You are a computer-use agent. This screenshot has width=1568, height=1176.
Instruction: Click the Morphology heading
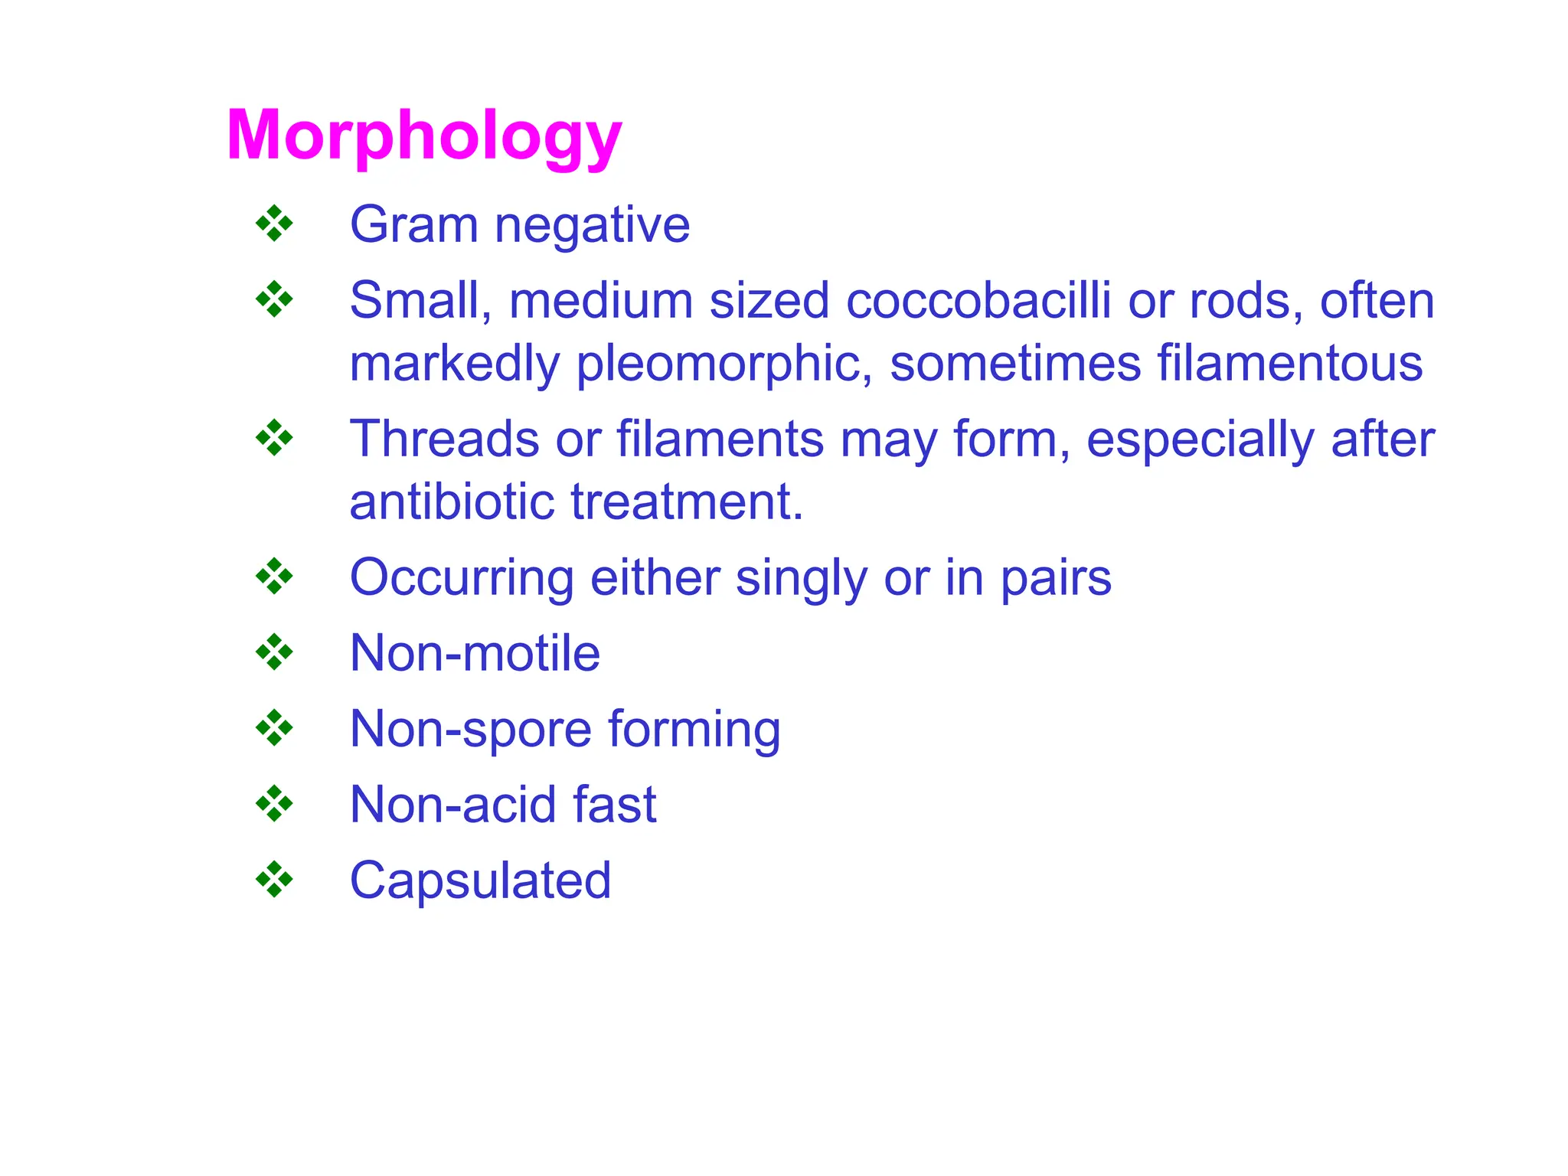click(x=423, y=136)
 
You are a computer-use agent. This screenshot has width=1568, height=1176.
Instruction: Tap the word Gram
click(x=413, y=225)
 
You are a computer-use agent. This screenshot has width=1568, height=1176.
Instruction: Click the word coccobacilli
click(x=978, y=300)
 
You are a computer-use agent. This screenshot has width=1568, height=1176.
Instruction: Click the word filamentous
click(x=1289, y=363)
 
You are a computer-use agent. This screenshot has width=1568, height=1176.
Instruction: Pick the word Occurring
click(x=462, y=579)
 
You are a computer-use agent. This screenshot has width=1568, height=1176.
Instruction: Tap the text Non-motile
click(x=475, y=653)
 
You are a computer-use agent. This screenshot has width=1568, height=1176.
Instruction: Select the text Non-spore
click(x=470, y=730)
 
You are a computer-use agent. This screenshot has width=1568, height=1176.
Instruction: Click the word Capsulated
click(x=480, y=880)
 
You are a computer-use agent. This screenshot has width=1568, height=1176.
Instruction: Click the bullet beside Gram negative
click(x=274, y=224)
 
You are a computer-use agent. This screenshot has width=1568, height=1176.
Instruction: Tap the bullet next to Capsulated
click(x=274, y=879)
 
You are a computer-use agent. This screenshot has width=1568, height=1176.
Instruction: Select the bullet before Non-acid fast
click(x=274, y=804)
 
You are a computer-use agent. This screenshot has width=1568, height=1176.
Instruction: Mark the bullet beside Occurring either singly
click(x=274, y=577)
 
